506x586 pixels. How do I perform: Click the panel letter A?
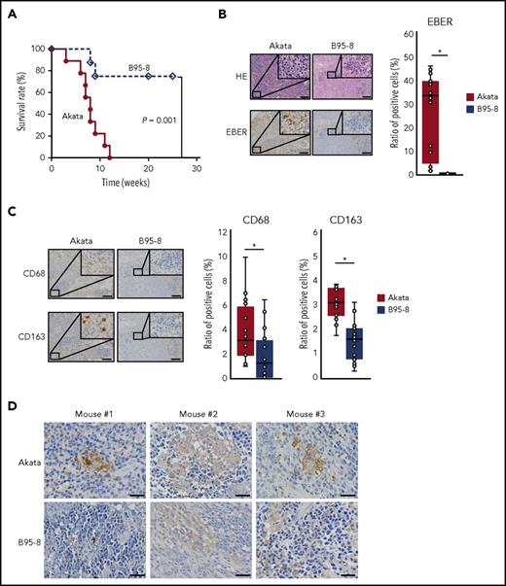[12, 14]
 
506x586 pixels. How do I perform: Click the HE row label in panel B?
[235, 73]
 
